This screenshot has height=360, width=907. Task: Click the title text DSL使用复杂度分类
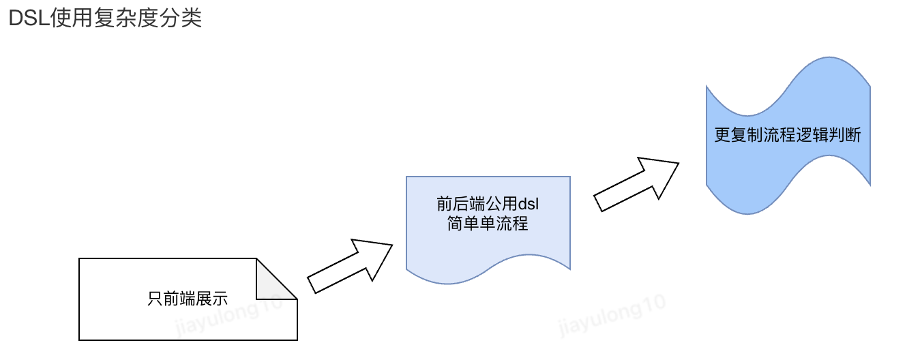[x=105, y=18]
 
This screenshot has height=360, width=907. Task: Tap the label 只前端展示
[x=188, y=298]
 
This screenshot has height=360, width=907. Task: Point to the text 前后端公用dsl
[x=488, y=204]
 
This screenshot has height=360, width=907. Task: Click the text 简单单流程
[x=488, y=223]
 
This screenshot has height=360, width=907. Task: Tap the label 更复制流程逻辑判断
[x=788, y=135]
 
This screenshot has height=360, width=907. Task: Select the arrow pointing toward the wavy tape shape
[x=636, y=184]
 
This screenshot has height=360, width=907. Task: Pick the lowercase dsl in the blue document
[x=529, y=204]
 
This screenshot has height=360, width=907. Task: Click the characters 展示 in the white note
[x=212, y=298]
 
